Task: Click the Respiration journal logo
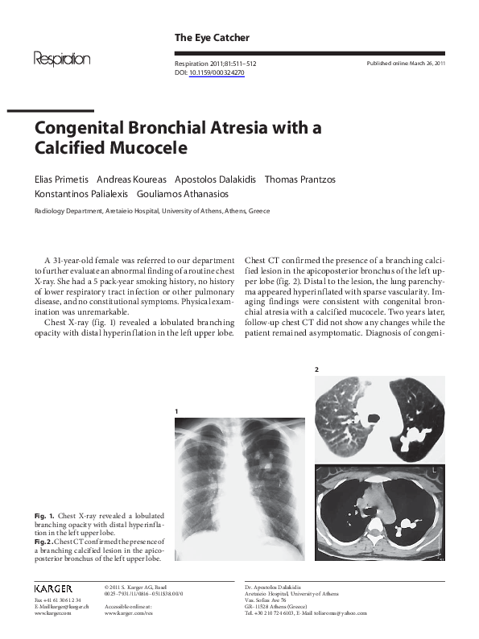(61, 60)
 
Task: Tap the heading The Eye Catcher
(212, 38)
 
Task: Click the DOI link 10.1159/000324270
(217, 72)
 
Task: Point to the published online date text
(406, 62)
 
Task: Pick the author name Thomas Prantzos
(300, 179)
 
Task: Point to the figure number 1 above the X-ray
(175, 411)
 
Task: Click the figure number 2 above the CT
(316, 369)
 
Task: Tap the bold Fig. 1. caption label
(43, 513)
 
